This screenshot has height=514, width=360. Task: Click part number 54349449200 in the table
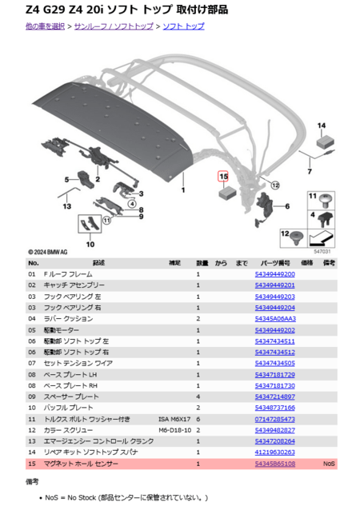(274, 274)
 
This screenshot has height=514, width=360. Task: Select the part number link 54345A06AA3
(274, 318)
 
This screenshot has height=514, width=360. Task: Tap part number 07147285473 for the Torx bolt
(274, 419)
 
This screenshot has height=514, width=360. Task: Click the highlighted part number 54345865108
(274, 464)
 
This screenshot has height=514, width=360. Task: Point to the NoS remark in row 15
(329, 464)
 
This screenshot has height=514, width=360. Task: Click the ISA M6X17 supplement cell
(174, 419)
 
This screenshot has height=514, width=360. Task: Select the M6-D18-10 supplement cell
(174, 430)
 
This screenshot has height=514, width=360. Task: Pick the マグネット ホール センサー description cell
(81, 464)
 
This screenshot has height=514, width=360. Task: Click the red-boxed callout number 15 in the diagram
(223, 177)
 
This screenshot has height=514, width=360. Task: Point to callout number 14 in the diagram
(322, 126)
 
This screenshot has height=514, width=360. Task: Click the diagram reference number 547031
(322, 251)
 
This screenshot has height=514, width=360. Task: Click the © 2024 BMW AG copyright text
(47, 251)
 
